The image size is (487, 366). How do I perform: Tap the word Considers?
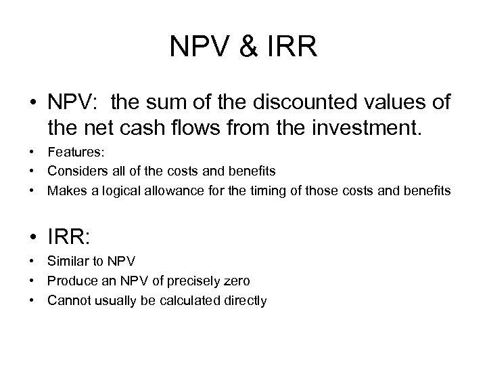click(74, 171)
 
